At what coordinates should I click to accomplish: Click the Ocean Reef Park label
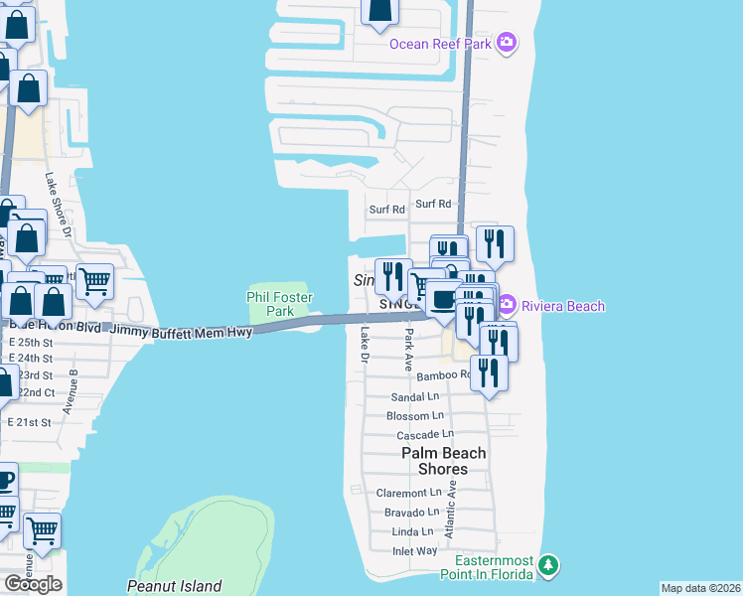tap(440, 43)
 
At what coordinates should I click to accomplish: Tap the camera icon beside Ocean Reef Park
tap(507, 42)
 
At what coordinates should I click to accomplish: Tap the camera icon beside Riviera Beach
tap(507, 305)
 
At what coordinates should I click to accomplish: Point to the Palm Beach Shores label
tap(444, 461)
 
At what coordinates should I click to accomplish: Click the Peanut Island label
tap(174, 586)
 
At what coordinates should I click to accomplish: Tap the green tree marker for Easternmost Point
tap(548, 566)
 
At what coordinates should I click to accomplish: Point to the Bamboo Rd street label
tap(443, 376)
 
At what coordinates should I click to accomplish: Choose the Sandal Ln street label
tap(416, 396)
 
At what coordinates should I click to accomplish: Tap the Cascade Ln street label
tap(425, 435)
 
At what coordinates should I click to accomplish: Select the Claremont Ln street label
tap(408, 493)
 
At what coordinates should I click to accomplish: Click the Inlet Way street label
tap(413, 550)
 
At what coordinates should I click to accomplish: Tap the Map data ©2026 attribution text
tap(700, 588)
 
